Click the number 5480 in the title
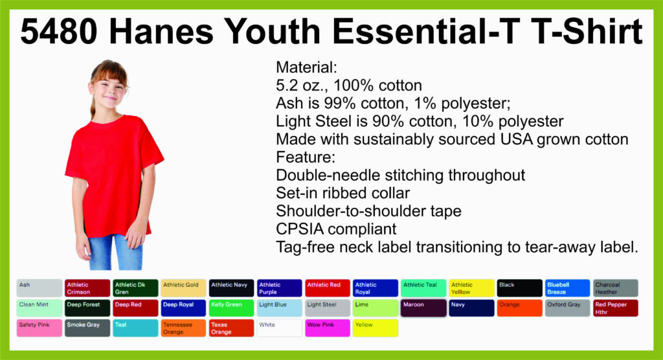click(x=59, y=32)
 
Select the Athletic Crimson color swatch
click(x=87, y=288)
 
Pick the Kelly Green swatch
click(x=231, y=308)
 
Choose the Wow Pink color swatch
click(x=327, y=328)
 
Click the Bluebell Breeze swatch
click(x=567, y=288)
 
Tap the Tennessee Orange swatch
click(x=183, y=328)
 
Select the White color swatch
click(x=280, y=328)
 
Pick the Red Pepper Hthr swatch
click(x=616, y=308)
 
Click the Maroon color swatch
click(x=423, y=308)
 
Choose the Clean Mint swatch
click(x=39, y=308)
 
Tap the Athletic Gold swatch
click(x=183, y=288)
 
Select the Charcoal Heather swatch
click(x=616, y=288)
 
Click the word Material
click(x=306, y=67)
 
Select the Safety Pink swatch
click(x=39, y=328)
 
